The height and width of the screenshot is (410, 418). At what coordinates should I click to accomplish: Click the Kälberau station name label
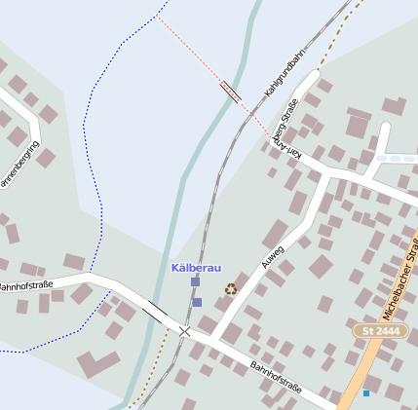196,268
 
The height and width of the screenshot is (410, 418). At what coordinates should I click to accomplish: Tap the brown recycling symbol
231,288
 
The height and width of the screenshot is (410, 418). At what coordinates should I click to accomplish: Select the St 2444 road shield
381,332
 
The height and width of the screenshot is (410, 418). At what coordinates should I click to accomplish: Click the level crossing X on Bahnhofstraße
185,331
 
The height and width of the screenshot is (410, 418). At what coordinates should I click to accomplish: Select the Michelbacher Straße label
400,283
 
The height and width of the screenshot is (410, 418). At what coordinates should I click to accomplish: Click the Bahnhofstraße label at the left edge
24,286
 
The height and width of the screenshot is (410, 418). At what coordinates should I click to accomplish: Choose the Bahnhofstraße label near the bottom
276,379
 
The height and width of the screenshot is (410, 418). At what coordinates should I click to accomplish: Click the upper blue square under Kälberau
195,282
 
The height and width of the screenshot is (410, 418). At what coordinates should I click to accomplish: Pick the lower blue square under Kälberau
197,302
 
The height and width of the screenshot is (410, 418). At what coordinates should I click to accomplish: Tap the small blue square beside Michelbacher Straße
366,392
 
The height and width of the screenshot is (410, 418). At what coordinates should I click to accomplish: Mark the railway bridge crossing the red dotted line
231,92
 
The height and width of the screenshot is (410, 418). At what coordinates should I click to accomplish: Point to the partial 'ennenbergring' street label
17,166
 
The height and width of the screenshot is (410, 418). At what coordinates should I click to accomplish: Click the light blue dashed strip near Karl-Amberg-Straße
395,157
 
